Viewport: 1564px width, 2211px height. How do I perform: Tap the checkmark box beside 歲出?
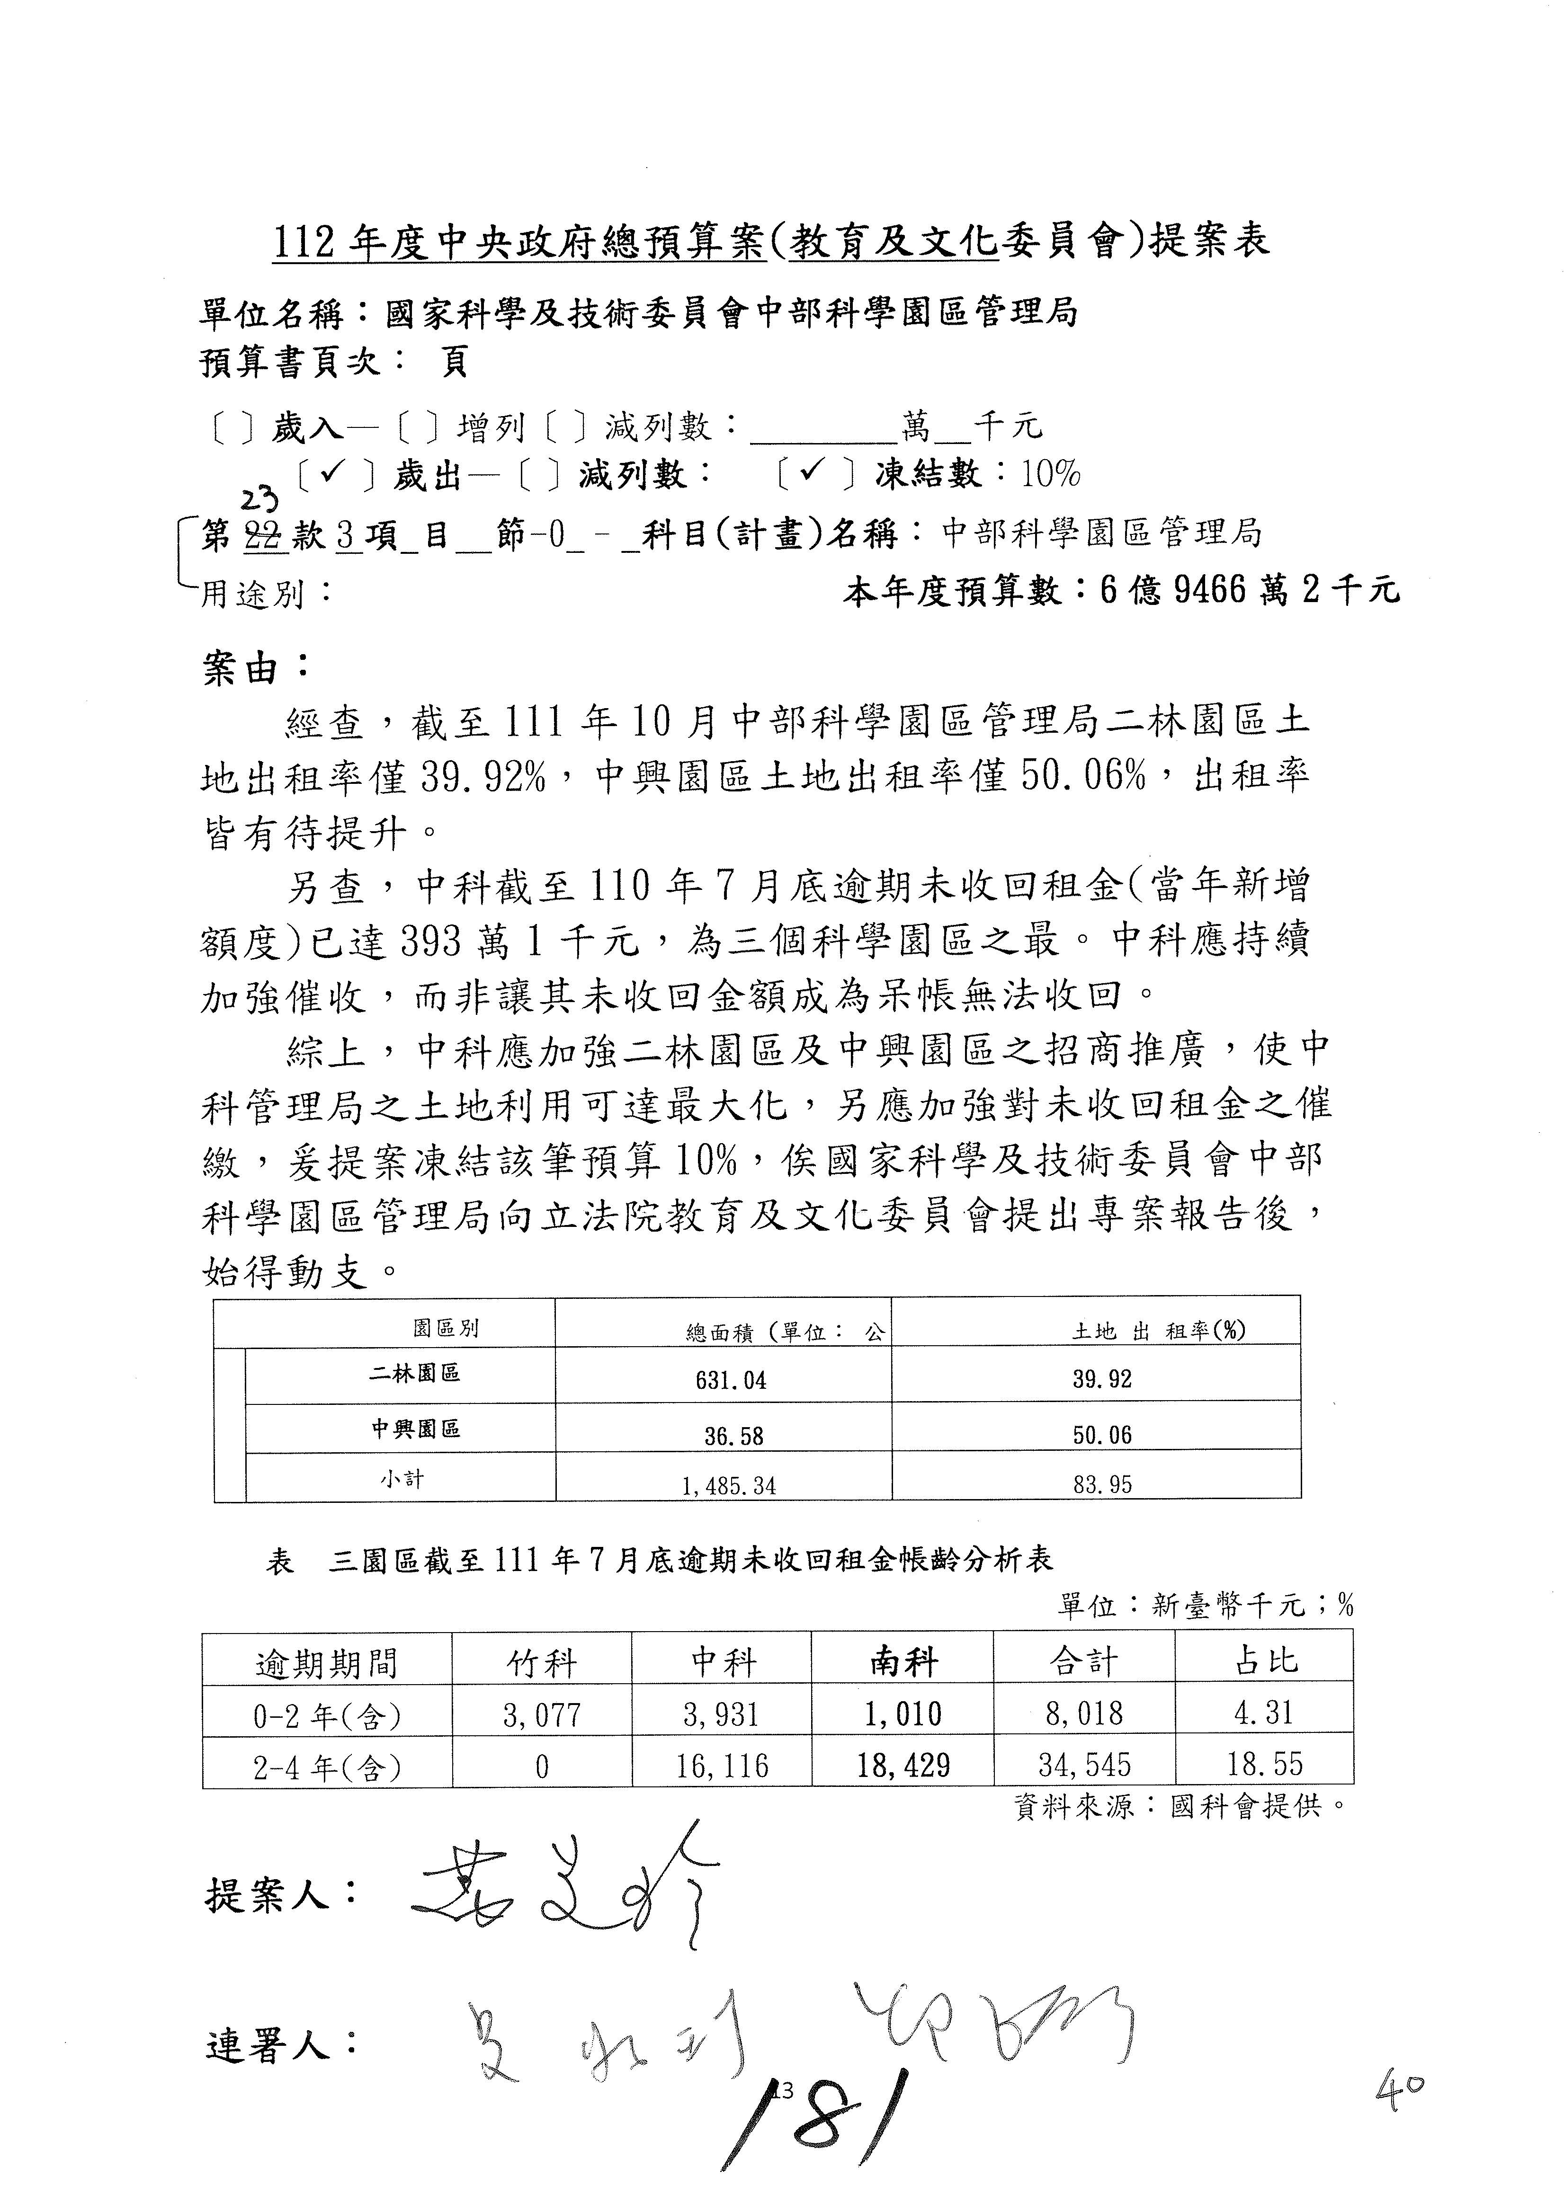click(335, 473)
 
